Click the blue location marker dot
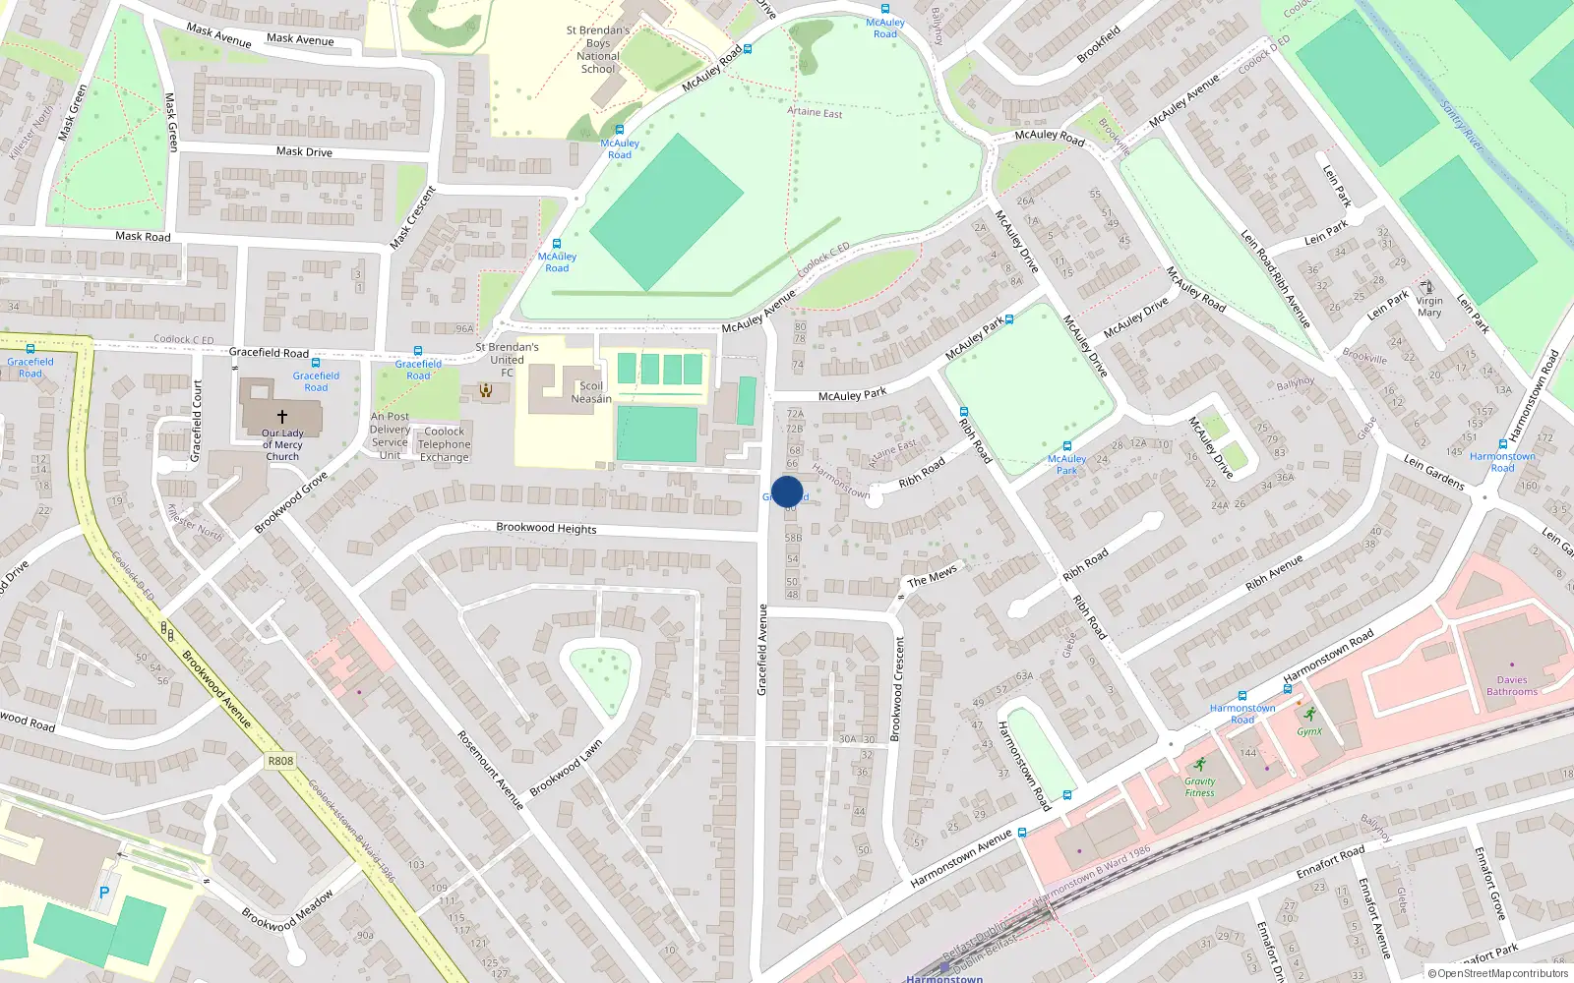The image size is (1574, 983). pos(787,491)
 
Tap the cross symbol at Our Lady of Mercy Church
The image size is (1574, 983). pos(282,417)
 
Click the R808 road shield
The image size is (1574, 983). pos(280,761)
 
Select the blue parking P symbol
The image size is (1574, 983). pos(104,893)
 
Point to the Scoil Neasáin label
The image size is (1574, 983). pos(590,392)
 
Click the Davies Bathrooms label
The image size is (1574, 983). pos(1512,685)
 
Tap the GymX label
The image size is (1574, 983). pos(1308,731)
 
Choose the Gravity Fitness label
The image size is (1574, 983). pos(1199,786)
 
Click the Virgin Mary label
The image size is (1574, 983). pos(1429,307)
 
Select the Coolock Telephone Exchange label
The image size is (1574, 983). pos(445,444)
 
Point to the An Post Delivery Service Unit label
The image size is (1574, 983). pos(391,435)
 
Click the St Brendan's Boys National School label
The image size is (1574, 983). pos(598,49)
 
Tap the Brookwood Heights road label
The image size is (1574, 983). pos(546,528)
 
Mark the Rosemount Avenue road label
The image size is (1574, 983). pos(491,770)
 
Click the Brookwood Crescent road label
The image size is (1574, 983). pos(896,688)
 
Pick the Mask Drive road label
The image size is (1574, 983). pos(304,151)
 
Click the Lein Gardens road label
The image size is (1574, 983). pos(1433,472)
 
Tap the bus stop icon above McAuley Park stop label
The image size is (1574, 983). pos(1066,445)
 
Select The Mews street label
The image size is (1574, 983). pos(932,576)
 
